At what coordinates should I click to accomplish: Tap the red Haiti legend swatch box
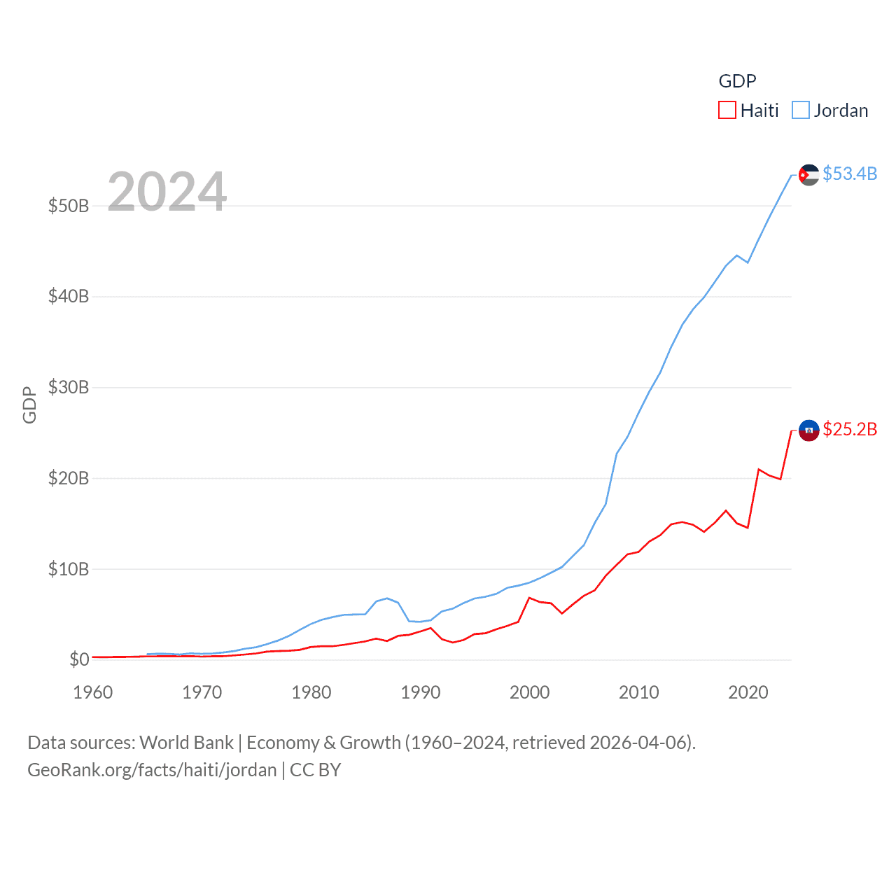727,111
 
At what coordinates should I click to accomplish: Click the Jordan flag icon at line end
808,175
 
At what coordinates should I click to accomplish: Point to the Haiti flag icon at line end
808,430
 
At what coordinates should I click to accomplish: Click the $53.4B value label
850,174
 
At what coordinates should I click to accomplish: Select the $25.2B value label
850,429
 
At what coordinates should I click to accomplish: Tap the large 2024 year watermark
167,191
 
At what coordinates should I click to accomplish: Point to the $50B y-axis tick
69,206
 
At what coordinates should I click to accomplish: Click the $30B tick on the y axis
69,387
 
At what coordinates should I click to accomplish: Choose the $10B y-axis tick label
69,569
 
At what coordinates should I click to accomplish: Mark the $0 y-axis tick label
79,659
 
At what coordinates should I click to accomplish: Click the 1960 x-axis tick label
93,692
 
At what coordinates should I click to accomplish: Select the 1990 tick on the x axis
421,692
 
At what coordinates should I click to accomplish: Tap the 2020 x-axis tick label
748,692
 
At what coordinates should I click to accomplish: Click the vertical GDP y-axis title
29,405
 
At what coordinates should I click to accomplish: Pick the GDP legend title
737,81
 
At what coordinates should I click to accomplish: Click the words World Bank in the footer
186,743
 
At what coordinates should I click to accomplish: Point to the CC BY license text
315,770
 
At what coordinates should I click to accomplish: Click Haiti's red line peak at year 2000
529,598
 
